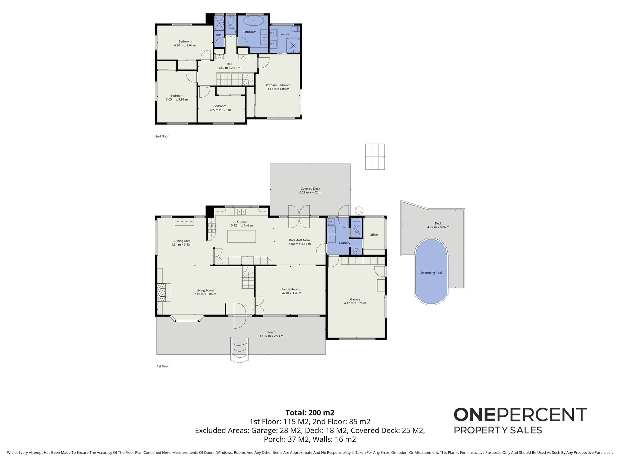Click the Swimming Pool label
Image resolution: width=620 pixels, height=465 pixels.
point(431,273)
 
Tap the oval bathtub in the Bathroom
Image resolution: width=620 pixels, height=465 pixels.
point(254,21)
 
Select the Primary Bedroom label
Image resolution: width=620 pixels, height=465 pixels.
point(278,85)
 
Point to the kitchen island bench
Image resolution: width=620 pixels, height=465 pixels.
point(242,236)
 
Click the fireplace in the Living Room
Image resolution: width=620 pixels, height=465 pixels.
point(162,292)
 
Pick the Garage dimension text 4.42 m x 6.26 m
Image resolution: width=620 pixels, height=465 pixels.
point(355,303)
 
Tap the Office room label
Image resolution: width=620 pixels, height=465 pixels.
point(374,235)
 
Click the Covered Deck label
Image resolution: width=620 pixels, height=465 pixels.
point(310,188)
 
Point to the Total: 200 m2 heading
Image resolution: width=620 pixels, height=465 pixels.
point(310,413)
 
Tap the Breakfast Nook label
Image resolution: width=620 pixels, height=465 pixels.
point(300,240)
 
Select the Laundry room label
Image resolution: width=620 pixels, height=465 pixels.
point(345,243)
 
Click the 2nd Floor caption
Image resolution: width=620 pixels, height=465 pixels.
point(162,136)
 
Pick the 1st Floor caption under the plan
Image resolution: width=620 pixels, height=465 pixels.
point(163,366)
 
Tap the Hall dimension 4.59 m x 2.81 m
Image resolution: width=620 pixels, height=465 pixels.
point(229,68)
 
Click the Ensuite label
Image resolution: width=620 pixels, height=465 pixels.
point(285,34)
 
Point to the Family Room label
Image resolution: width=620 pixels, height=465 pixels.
point(290,289)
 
